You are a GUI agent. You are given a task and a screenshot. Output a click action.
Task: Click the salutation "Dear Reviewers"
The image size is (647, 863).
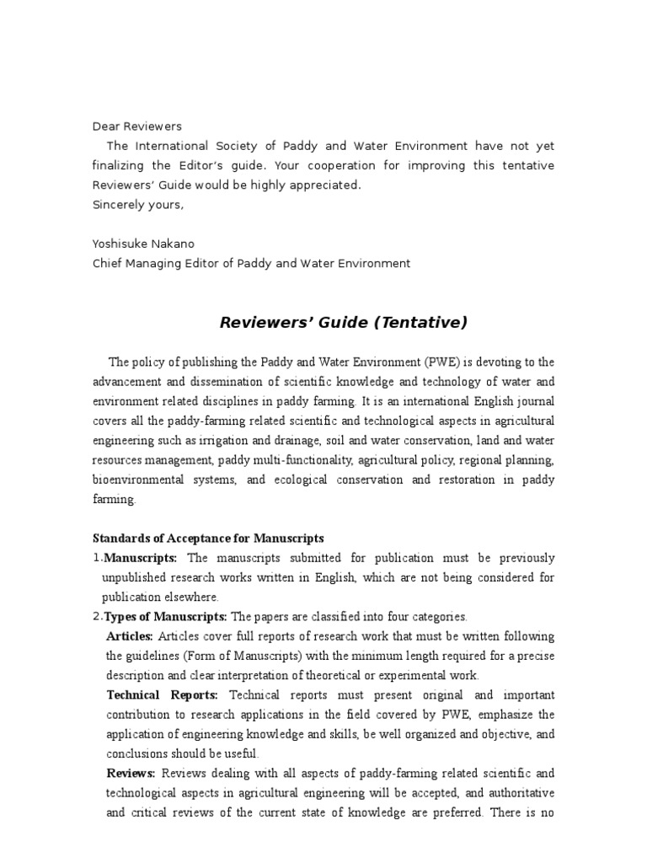136,126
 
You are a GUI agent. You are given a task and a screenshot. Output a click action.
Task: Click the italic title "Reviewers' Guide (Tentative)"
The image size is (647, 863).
343,323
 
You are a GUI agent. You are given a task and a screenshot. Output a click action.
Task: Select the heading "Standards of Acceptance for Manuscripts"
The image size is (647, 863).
207,539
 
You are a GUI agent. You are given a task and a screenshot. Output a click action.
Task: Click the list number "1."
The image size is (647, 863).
97,558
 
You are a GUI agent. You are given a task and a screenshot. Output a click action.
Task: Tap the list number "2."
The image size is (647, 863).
97,617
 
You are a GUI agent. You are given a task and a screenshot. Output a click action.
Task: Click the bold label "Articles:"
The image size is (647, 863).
130,636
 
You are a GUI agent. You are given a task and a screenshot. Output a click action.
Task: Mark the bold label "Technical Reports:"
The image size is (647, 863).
162,695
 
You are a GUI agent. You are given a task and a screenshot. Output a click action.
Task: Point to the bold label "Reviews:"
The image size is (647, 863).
131,774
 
